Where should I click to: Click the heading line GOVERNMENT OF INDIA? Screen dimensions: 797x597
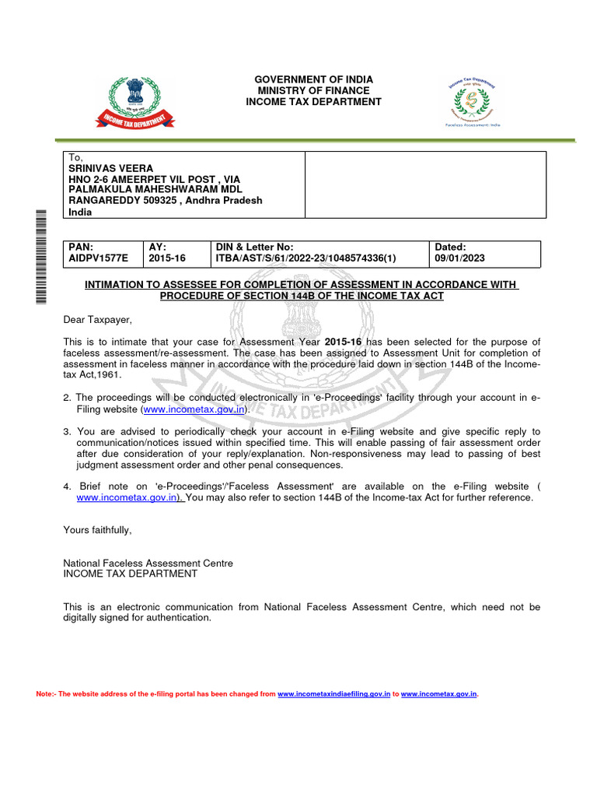pos(314,80)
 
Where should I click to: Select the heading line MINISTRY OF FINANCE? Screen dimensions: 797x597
pos(314,91)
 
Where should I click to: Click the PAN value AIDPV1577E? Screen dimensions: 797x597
pos(98,258)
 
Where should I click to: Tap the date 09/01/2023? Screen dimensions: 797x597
pos(460,258)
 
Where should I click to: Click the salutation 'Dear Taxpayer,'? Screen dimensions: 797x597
pos(98,320)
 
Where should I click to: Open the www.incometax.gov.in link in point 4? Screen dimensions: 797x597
pos(127,497)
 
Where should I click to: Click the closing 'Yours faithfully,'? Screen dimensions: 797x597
pos(98,530)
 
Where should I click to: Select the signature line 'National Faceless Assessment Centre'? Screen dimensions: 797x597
pos(148,563)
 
